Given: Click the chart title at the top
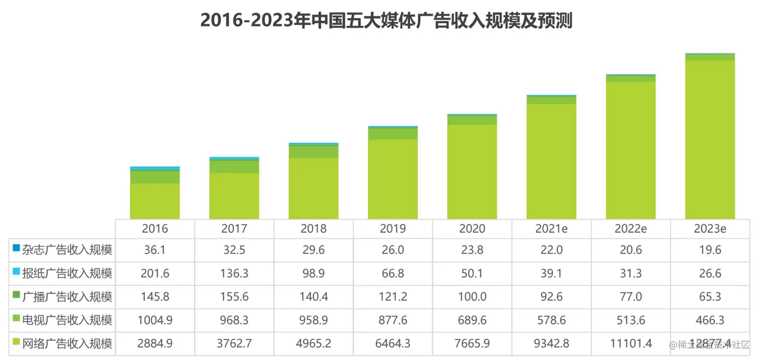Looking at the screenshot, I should click(386, 21).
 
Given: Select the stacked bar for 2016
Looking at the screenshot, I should click(155, 194).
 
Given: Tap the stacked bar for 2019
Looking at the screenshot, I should click(393, 173).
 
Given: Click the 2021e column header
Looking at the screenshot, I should click(551, 229).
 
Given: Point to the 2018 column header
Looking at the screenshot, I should click(313, 229).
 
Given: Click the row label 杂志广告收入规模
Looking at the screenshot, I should click(67, 250).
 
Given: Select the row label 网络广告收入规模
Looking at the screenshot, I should click(67, 344).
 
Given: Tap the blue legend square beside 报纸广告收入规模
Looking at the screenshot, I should click(16, 272).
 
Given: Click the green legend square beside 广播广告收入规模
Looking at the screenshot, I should click(16, 295).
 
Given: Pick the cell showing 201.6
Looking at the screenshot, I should click(155, 274).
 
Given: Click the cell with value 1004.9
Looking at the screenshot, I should click(155, 320).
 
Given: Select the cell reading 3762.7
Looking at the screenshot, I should click(234, 344).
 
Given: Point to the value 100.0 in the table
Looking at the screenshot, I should click(472, 297).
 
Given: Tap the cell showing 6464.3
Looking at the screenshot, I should click(393, 344).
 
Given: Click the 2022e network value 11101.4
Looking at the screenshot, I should click(630, 344).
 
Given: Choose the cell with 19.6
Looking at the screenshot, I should click(710, 250).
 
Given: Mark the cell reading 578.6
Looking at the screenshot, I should click(551, 320).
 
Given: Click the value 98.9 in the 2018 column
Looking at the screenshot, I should click(313, 274).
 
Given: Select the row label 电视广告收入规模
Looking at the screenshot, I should click(67, 320).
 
